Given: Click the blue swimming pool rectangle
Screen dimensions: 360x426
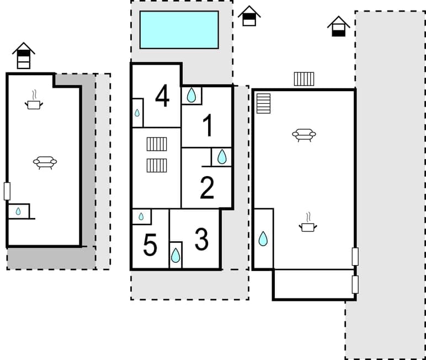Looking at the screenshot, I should pos(179,30).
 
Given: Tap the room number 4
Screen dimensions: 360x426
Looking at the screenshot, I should pos(162,96).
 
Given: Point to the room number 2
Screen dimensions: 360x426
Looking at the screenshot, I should pos(207,188).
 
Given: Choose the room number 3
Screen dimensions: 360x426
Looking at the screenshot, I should pos(201,240).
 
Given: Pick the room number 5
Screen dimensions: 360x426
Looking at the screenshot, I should pos(150,245).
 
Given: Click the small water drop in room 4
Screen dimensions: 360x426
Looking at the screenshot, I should pos(137,113).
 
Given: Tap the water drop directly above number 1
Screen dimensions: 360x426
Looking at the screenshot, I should pos(191,96).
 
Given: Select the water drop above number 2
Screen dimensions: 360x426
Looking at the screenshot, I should pos(222,157).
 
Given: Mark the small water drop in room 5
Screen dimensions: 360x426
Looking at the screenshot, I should pos(141,216).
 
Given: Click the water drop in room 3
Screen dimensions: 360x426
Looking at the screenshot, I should pos(175,255).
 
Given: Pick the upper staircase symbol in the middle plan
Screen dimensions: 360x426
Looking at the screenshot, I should pos(157,144).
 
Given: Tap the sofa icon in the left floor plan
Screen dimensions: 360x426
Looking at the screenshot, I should pos(45,162).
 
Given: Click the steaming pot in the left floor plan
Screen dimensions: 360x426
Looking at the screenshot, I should pos(34,102).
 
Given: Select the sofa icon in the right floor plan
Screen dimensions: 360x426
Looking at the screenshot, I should pos(303,135).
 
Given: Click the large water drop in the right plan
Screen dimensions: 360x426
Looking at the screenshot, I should pos(263,239).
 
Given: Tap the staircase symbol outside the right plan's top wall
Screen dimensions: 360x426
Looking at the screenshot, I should pos(303,79).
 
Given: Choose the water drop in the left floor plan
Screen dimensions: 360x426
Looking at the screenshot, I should pos(18,211).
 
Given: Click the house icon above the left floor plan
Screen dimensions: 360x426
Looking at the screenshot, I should pos(23,55).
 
